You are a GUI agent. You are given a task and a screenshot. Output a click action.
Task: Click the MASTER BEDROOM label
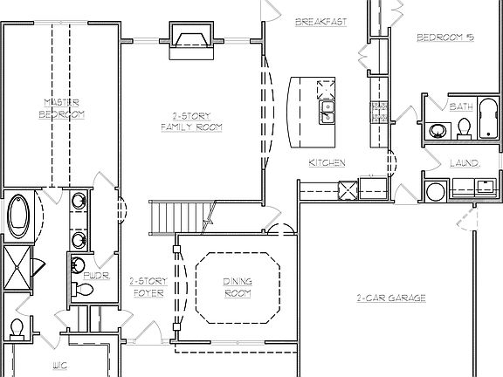tap(64, 108)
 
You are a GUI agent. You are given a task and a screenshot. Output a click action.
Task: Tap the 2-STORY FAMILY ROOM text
tap(191, 122)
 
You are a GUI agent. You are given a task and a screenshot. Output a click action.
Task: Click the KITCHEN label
tap(327, 163)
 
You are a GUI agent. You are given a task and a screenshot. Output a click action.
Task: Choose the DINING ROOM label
tap(238, 287)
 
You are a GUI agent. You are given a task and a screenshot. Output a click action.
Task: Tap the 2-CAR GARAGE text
tap(390, 298)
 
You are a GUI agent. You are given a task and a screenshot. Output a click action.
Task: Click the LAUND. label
tap(462, 163)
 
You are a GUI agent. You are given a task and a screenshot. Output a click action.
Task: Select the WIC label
tap(60, 364)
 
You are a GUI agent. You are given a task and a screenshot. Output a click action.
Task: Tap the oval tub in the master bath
tap(18, 216)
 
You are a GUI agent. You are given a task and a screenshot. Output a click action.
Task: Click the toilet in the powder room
tap(85, 289)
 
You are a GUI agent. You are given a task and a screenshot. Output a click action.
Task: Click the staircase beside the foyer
tap(178, 216)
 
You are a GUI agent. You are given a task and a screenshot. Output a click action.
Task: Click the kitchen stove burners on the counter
tap(380, 111)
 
